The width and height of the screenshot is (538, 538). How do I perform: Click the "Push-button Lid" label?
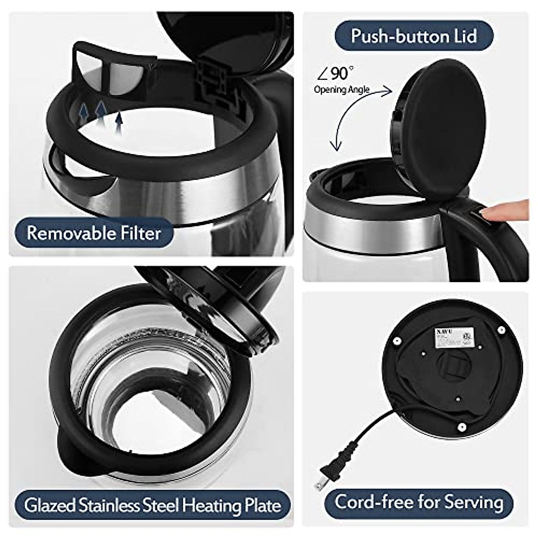(x=413, y=36)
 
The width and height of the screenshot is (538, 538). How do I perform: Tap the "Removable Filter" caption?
(x=94, y=233)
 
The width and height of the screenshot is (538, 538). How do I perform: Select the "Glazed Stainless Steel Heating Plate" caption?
(x=152, y=505)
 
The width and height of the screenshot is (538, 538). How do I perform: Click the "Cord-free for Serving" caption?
(x=418, y=502)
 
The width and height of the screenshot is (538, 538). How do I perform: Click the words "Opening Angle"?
(x=342, y=89)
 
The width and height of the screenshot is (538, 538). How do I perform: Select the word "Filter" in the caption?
(x=140, y=233)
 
